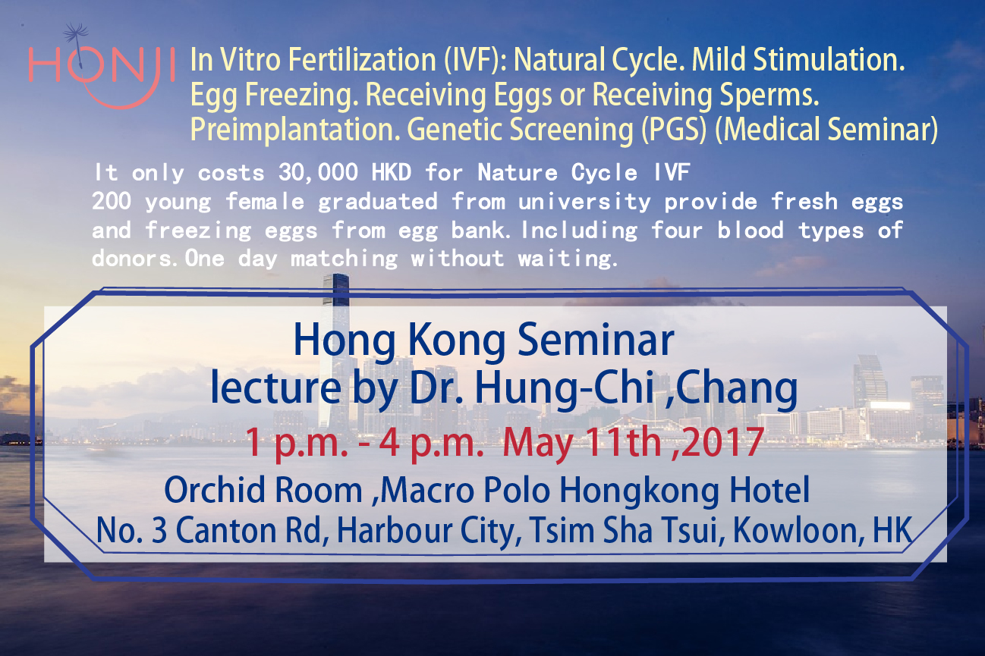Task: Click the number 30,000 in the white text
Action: coord(318,172)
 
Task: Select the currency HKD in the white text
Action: coord(392,172)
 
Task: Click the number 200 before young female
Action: coord(112,201)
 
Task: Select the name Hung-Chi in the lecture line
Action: coord(564,388)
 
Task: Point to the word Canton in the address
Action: coord(226,530)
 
